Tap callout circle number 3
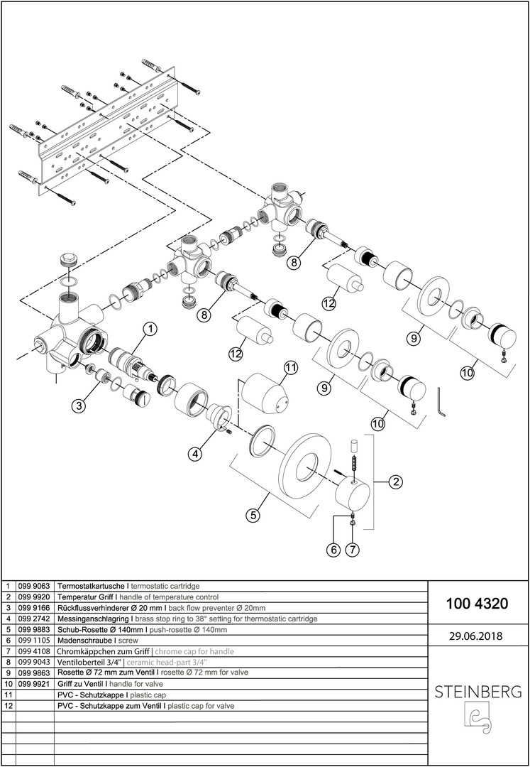pos(80,406)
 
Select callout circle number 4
pos(195,452)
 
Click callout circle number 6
pos(332,549)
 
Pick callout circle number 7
pos(353,549)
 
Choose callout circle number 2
pos(396,482)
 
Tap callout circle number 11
pos(289,368)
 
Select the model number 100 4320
pos(476,604)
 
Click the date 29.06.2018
pos(476,636)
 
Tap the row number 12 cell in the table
pos(8,706)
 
